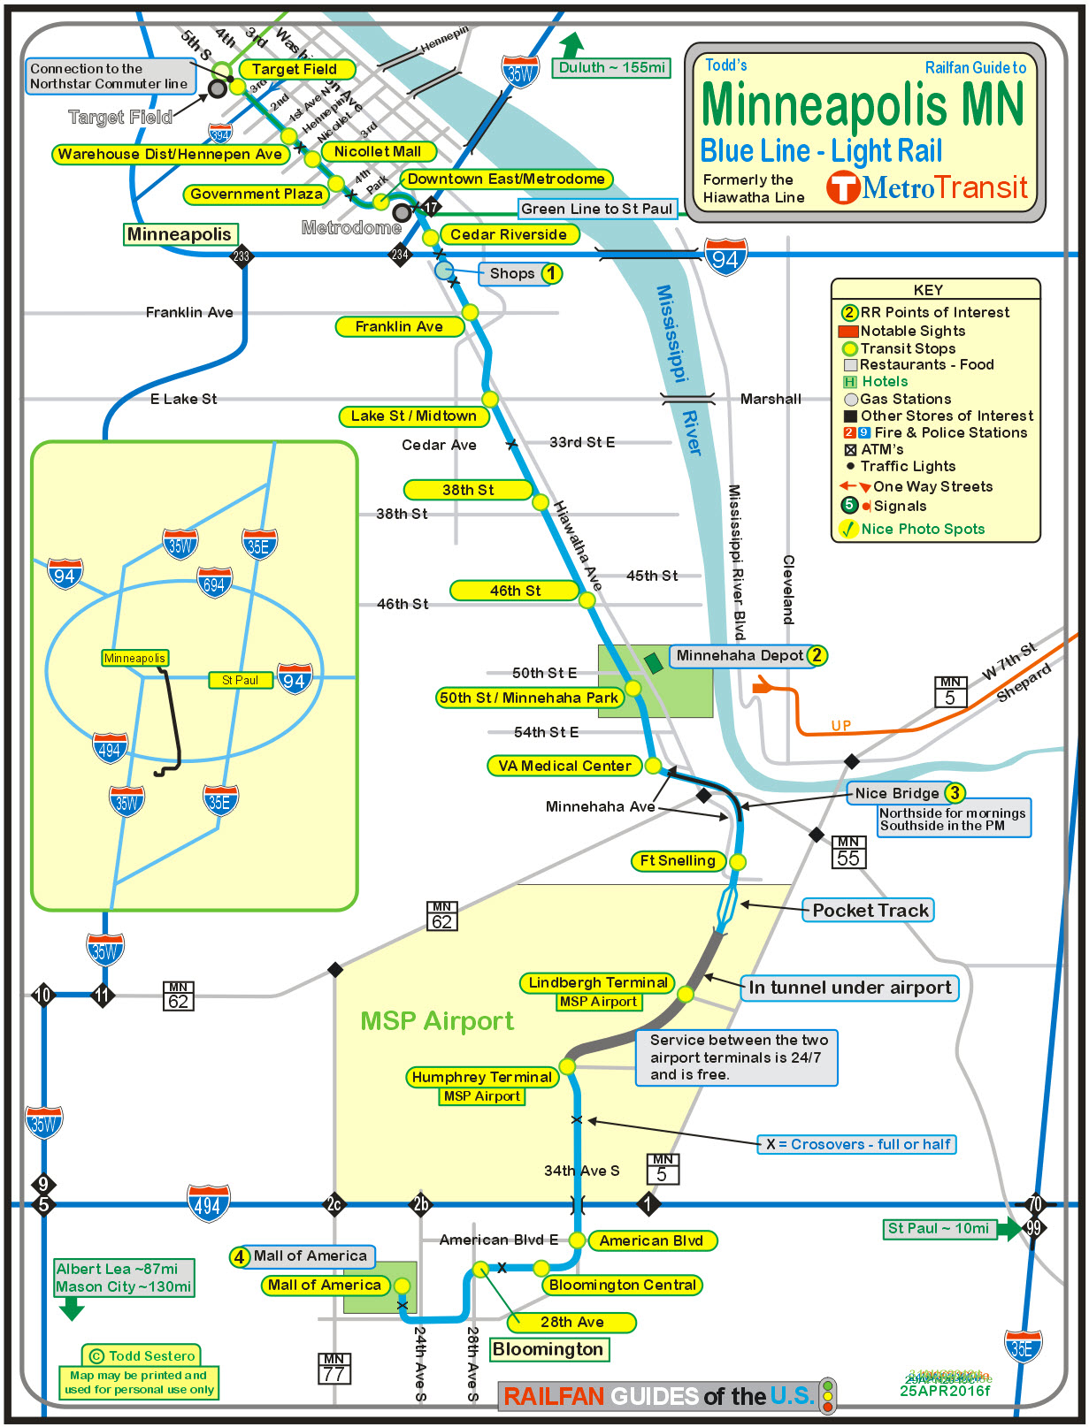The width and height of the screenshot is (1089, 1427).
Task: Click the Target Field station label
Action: tap(295, 69)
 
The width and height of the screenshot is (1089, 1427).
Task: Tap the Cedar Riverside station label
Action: tap(509, 234)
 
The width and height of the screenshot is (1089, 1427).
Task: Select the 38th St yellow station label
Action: tap(468, 490)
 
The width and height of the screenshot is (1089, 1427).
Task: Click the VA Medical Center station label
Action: tap(564, 766)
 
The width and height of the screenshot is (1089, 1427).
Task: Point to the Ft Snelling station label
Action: tap(678, 860)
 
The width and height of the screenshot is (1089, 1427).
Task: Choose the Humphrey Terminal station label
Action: tap(482, 1077)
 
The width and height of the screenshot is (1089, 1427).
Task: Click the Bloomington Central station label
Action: tap(622, 1285)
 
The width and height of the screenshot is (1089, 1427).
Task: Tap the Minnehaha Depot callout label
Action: tap(740, 655)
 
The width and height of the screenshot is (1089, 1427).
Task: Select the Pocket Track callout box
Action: tap(870, 910)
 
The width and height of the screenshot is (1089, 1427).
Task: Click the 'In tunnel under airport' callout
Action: tap(849, 988)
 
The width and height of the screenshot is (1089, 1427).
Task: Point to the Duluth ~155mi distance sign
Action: tap(611, 67)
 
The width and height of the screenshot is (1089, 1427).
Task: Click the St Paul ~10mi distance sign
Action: tap(938, 1228)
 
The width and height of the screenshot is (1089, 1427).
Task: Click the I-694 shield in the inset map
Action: tap(214, 584)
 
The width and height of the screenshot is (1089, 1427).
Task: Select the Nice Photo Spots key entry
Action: tap(922, 529)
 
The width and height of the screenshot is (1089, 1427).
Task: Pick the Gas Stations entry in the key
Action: tap(905, 399)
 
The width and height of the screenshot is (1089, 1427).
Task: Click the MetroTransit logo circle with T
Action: tap(843, 187)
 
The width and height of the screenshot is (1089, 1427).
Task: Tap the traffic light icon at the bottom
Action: tap(827, 1395)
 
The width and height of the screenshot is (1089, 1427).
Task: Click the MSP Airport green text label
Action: tap(437, 1021)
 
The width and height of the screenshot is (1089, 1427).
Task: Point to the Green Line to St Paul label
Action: tap(597, 209)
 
